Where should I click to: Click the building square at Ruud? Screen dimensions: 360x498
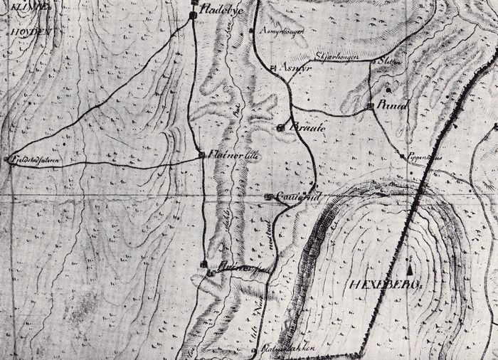tap(371, 105)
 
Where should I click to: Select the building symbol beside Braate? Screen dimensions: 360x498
tap(280, 127)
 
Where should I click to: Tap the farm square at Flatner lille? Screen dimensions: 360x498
tap(202, 154)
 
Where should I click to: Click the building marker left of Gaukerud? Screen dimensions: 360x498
tap(268, 196)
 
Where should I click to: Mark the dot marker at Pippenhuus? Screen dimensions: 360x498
tap(403, 154)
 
